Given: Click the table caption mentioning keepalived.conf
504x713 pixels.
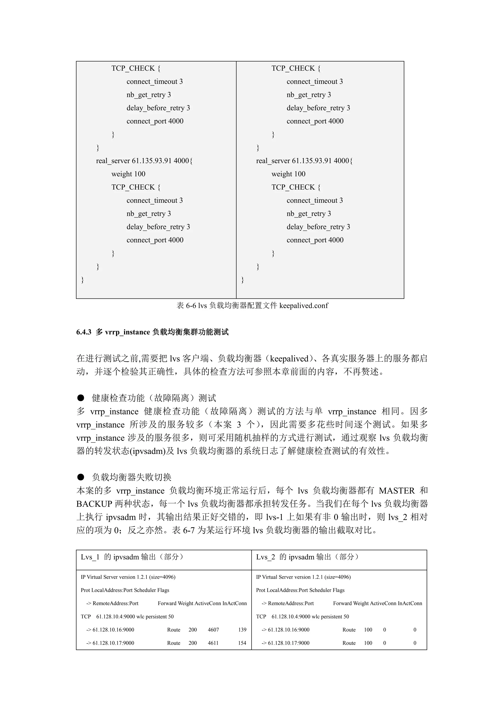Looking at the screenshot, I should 252,306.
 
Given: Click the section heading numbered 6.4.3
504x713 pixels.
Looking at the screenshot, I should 152,332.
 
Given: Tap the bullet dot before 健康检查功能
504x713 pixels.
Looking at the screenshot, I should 81,398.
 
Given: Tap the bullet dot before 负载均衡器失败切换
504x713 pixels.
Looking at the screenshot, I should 81,477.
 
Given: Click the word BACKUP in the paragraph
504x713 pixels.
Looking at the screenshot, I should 94,504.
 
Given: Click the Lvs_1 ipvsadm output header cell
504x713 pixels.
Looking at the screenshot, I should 132,557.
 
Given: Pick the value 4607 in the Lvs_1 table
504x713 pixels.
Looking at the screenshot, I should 213,630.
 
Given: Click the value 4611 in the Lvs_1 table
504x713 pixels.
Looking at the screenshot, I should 213,643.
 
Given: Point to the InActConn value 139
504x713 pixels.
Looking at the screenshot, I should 242,630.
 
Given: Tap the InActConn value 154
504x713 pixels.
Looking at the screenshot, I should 242,643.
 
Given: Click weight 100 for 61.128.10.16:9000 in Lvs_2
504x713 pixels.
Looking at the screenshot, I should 368,630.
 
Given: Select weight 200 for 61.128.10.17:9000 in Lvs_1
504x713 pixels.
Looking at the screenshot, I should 192,643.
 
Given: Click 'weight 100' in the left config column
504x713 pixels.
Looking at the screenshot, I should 128,174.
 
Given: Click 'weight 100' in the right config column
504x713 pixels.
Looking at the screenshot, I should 288,174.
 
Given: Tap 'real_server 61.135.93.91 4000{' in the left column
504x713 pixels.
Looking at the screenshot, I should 144,161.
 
